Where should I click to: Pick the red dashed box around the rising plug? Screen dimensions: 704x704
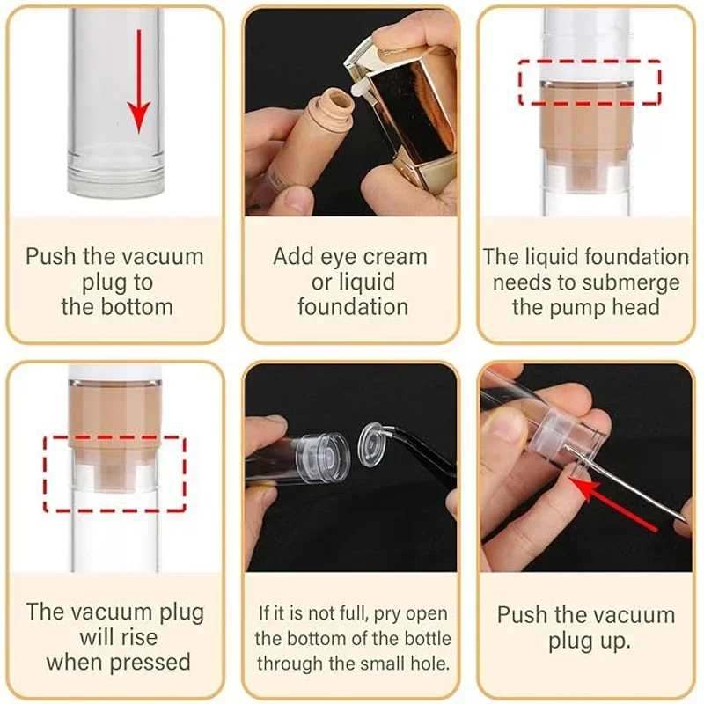(114, 473)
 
